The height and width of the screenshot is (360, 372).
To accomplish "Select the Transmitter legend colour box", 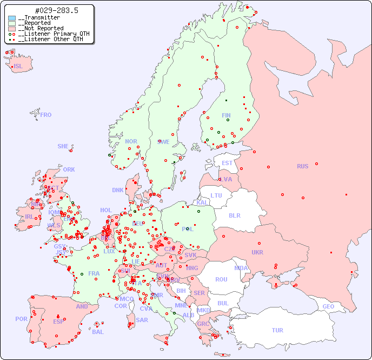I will click(12, 18).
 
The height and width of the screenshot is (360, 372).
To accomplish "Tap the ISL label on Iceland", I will click(18, 67).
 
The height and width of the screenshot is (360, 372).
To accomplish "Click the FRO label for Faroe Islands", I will click(46, 115).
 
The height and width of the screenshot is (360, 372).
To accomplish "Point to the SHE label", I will click(63, 146).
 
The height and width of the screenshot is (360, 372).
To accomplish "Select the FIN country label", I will click(226, 115).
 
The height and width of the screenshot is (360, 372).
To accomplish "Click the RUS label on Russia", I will click(302, 166).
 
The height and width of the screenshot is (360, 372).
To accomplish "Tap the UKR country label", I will click(257, 252).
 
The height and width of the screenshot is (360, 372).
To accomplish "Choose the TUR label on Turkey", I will click(277, 330).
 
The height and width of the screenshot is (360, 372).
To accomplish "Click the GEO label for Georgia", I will click(328, 306).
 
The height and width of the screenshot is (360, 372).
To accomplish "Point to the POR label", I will click(21, 319).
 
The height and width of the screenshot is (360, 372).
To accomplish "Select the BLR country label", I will click(235, 215).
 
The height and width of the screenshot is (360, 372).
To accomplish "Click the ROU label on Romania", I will click(221, 279).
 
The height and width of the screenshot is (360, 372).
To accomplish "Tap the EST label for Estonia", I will click(227, 163).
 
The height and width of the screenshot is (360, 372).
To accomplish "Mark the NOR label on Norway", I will click(131, 141).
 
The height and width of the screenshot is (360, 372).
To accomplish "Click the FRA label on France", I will click(94, 273).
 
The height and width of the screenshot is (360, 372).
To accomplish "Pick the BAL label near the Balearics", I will click(98, 332).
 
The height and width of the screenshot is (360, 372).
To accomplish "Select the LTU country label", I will click(216, 195).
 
